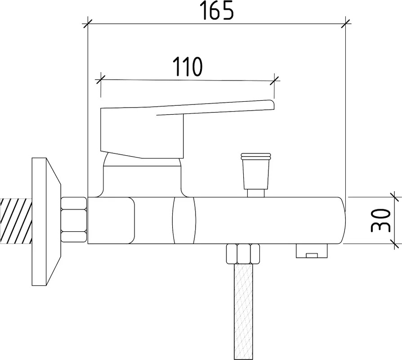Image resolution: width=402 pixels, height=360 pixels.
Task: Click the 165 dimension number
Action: tap(218, 10)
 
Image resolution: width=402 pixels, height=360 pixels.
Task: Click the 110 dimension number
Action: tap(187, 67)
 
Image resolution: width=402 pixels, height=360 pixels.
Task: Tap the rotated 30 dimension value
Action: tap(380, 220)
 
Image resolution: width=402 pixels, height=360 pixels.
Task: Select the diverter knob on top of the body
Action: tap(255, 171)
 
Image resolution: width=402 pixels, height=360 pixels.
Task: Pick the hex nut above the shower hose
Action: tap(243, 254)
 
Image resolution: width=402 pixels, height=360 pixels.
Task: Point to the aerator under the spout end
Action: tap(312, 251)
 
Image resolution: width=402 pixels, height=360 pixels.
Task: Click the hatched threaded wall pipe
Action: tap(16, 221)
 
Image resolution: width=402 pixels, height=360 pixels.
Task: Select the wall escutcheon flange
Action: tap(46, 222)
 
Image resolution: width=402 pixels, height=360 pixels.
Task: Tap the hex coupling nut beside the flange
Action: tap(74, 220)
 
